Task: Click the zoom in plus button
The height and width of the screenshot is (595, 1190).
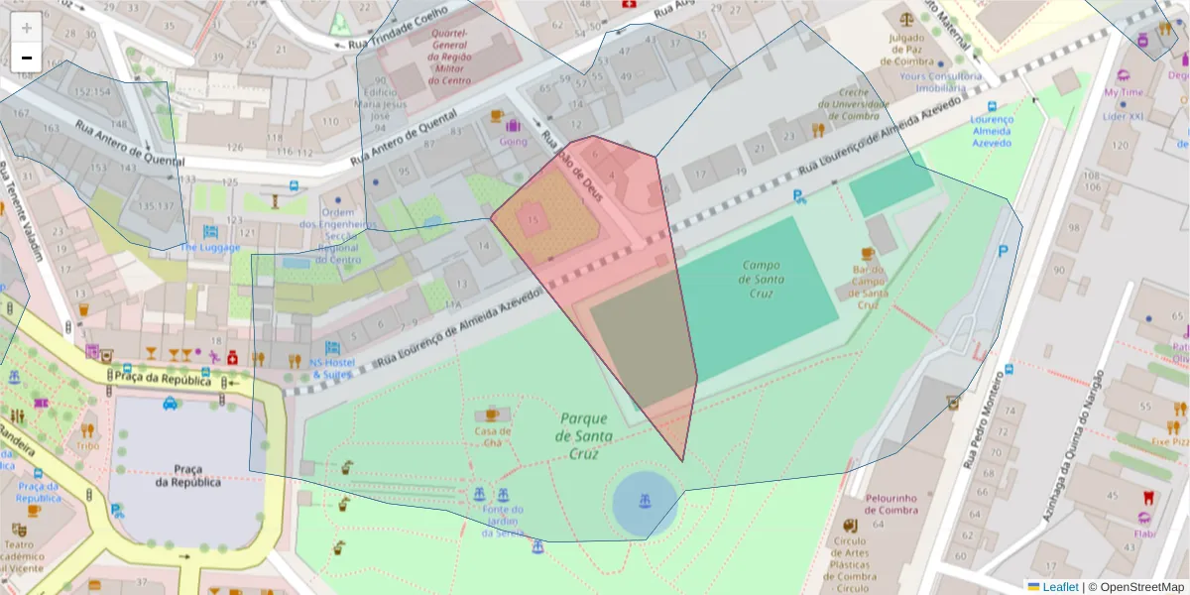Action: click(27, 28)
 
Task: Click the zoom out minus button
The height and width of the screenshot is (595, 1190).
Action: click(27, 58)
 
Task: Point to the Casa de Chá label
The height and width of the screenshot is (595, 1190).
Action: click(492, 437)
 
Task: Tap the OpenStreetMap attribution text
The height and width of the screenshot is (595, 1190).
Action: click(1140, 587)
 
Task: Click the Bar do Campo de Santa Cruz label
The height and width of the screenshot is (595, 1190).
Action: click(868, 287)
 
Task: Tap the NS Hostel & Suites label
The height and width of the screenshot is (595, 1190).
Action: click(332, 369)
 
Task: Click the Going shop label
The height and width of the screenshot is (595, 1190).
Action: click(513, 141)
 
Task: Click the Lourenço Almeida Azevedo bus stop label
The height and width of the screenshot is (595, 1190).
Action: click(991, 131)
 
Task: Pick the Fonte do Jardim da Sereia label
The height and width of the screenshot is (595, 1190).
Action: click(502, 522)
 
